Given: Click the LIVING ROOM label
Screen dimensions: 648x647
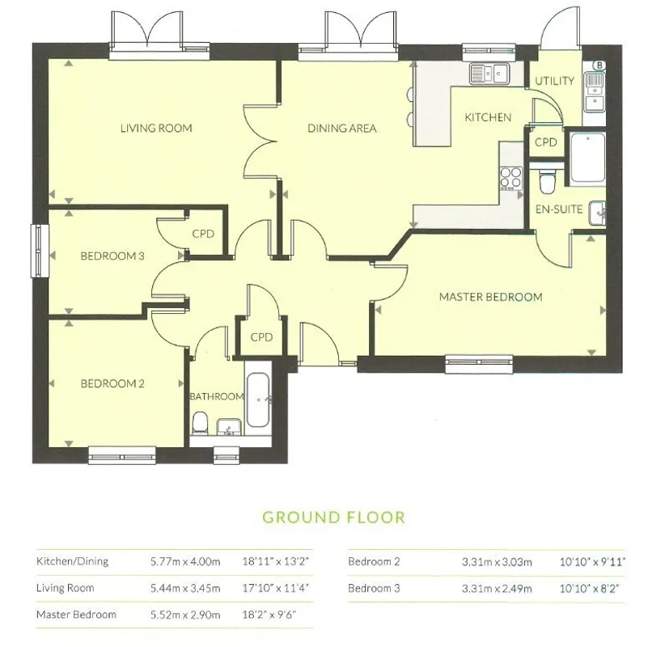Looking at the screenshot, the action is coord(156,128).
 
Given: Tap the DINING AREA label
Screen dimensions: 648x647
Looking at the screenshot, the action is coord(341,128).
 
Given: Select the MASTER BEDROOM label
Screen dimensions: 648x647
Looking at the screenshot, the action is coord(490,297).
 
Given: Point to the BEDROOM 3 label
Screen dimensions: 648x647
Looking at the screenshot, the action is coord(112,256).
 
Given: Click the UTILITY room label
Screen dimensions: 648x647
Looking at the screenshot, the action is coord(555,81).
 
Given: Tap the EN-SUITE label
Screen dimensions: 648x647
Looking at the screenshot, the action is coord(559,209).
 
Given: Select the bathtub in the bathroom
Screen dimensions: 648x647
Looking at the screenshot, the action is coord(257,400).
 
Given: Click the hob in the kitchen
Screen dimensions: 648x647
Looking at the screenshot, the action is coord(510,178).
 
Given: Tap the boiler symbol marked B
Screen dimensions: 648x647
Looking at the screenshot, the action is coord(599,66).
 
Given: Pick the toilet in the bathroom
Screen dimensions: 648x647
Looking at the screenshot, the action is coord(199,422).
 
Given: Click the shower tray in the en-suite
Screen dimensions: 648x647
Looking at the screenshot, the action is coord(587,158).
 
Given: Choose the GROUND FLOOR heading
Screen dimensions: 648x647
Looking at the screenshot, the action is coord(333,518).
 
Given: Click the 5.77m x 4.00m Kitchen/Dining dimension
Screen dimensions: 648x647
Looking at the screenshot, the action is coord(185,561).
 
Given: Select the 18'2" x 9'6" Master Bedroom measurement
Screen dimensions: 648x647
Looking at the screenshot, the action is coord(269,615).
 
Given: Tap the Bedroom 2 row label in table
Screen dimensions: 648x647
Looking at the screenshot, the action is coord(374,561).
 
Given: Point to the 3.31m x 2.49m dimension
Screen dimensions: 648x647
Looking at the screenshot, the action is coord(497,588).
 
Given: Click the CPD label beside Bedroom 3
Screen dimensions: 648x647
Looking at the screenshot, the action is coord(203,234).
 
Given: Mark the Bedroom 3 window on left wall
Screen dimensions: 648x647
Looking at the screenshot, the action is coord(40,251).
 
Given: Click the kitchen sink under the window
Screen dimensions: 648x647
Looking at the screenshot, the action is coord(490,74).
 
